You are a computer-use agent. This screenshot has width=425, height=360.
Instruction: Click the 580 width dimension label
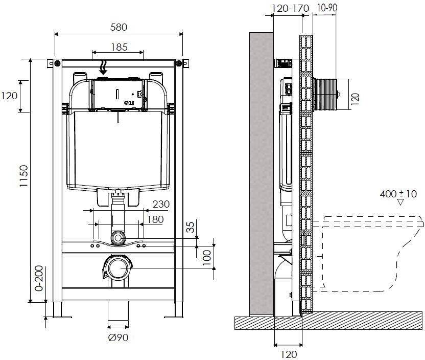click(119, 27)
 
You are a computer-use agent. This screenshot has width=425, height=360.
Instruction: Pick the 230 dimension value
click(160, 204)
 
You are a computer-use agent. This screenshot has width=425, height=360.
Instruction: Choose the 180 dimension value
click(155, 219)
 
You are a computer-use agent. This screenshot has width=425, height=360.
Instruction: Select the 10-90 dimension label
click(326, 9)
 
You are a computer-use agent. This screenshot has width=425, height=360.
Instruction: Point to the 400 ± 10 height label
click(398, 194)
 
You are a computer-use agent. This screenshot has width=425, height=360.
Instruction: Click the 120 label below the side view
click(289, 354)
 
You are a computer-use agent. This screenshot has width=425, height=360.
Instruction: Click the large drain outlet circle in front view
click(119, 267)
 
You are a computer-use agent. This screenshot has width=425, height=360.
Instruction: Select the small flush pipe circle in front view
click(119, 238)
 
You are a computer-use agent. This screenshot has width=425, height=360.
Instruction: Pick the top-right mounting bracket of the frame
click(181, 63)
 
